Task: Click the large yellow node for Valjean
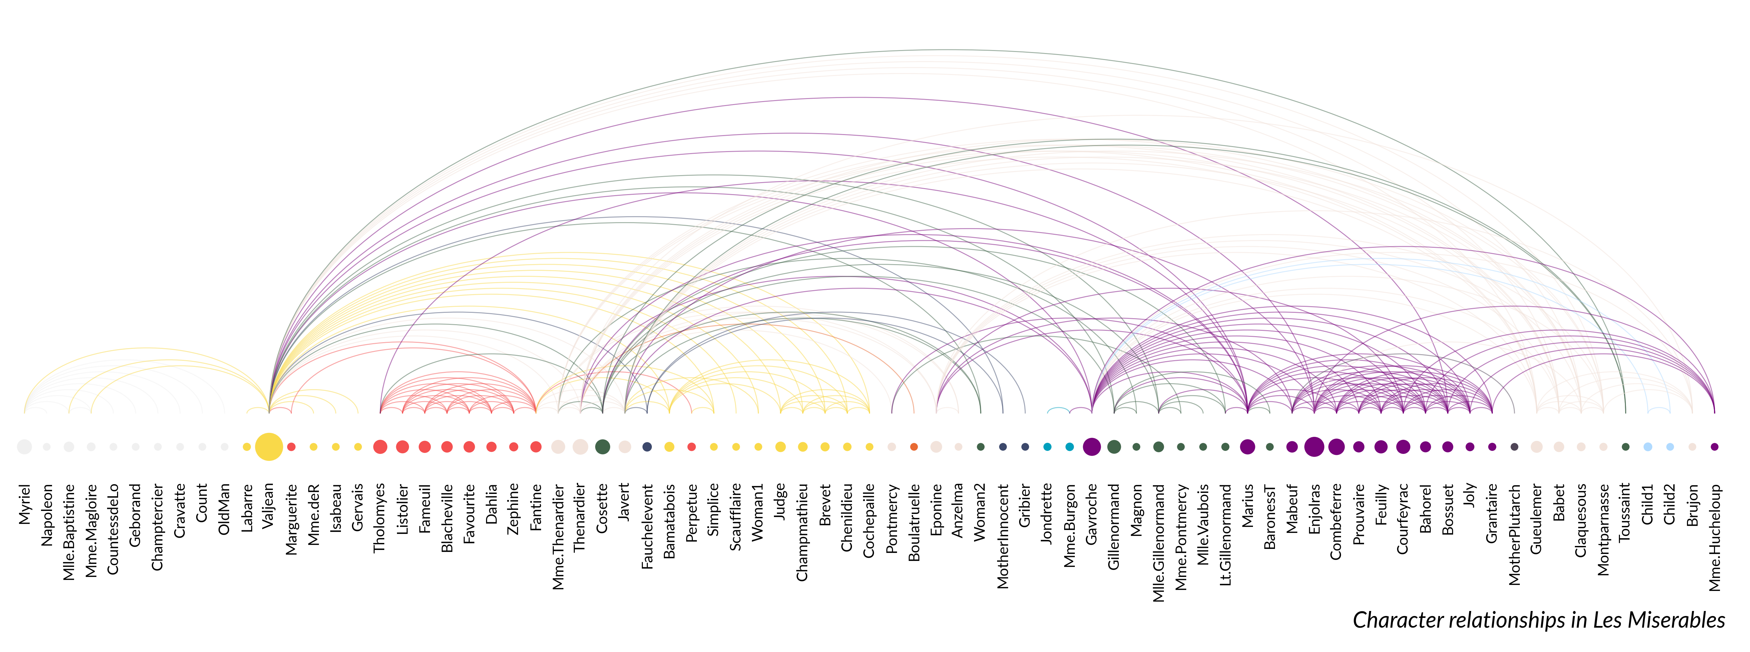(x=269, y=447)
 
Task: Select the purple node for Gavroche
(x=1092, y=447)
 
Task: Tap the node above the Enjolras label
(x=1314, y=447)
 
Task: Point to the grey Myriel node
(x=24, y=447)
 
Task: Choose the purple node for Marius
(x=1247, y=447)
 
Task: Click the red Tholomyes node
(x=380, y=447)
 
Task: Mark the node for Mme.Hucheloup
(x=1715, y=447)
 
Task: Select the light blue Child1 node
(x=1647, y=447)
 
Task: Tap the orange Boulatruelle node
(x=914, y=447)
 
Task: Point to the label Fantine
(x=536, y=507)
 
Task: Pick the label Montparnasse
(x=1603, y=530)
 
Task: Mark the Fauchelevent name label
(x=647, y=526)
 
